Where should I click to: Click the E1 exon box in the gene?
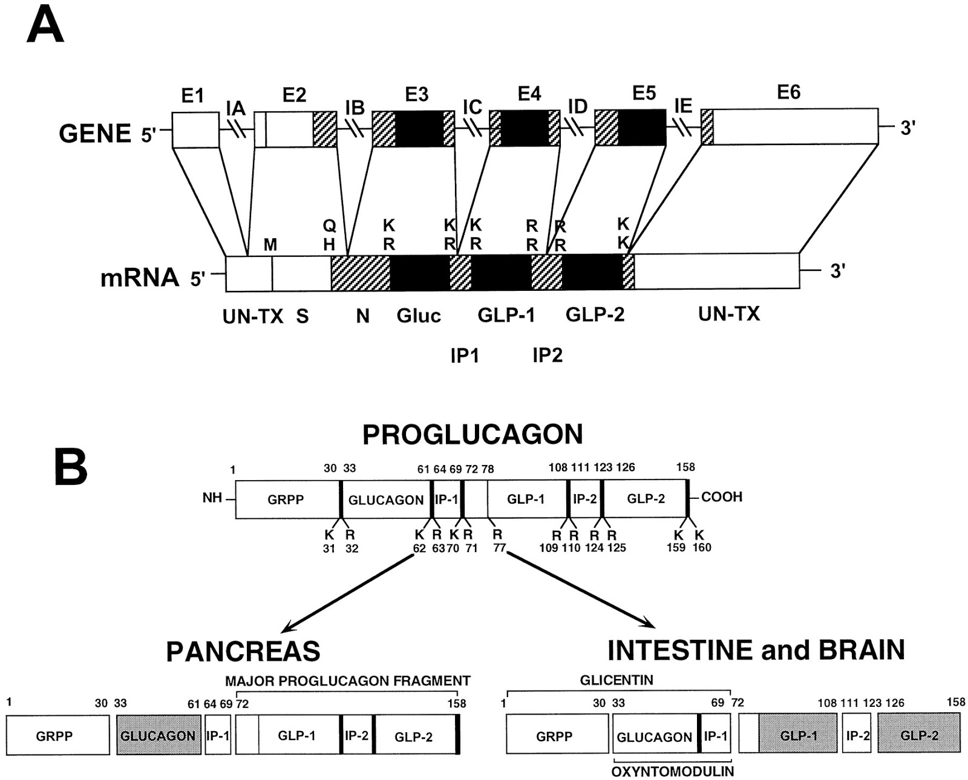195,129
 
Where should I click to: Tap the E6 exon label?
788,92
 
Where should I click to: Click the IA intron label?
235,109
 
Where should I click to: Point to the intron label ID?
577,107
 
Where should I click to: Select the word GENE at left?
95,134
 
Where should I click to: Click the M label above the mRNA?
270,245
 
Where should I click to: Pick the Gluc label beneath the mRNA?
419,316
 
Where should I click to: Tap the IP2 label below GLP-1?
548,355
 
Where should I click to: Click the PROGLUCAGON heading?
473,434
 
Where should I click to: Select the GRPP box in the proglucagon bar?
286,499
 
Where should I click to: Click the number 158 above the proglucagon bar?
685,467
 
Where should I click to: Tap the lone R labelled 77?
497,535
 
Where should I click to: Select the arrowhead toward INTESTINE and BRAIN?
649,623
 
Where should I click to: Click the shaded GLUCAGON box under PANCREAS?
158,735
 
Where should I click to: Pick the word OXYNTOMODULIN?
672,772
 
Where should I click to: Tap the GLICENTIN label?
616,680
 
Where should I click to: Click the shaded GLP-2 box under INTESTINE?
919,735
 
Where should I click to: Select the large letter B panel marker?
71,467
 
